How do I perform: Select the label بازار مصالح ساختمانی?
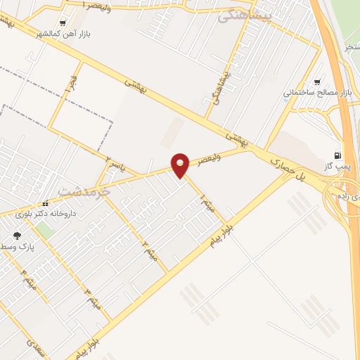(316, 92)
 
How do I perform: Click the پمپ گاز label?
(337, 165)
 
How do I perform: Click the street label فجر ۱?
(69, 87)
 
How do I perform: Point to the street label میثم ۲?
(148, 248)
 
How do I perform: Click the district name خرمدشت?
(84, 191)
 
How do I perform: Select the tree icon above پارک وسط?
(17, 236)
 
